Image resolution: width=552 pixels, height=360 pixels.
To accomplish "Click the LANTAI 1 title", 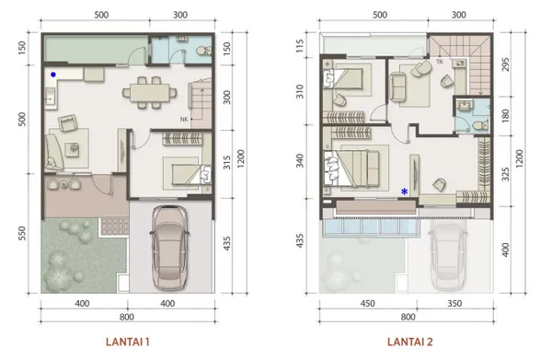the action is coord(128,342).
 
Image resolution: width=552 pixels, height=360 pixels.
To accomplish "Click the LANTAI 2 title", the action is coord(410,342).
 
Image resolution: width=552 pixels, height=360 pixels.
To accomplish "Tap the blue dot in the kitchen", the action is coord(53,75).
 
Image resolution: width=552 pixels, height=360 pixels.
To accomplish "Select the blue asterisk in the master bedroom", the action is coord(405,192).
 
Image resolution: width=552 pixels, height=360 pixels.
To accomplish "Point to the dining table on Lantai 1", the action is coord(149,93).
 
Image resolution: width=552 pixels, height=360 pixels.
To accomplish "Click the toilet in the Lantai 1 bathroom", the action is coord(204,51).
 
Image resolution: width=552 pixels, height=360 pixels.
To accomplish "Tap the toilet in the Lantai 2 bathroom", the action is coord(480,124).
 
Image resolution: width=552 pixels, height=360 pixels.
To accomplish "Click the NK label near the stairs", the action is coord(184,120).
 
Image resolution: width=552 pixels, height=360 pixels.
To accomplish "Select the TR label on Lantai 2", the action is coord(440,62).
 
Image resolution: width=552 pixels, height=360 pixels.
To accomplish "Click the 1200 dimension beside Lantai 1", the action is coord(241,158).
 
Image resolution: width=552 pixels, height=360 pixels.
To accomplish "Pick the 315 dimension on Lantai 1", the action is coord(227,162).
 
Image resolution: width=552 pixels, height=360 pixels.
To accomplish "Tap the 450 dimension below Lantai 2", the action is coord(367,304).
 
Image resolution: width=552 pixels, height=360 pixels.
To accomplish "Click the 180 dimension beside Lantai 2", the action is coord(505,115).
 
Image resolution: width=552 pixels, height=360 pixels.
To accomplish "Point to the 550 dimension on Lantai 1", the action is coord(22,233).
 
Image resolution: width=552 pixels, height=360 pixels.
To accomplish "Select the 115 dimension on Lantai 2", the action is coord(300,46).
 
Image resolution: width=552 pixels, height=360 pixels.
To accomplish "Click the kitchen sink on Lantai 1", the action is coord(49,97).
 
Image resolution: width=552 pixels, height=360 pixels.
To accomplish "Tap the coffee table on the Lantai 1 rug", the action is coord(74,148).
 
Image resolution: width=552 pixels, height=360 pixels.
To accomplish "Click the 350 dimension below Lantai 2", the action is coord(454,304).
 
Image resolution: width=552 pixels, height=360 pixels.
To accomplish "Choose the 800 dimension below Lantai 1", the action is coord(127,317).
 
